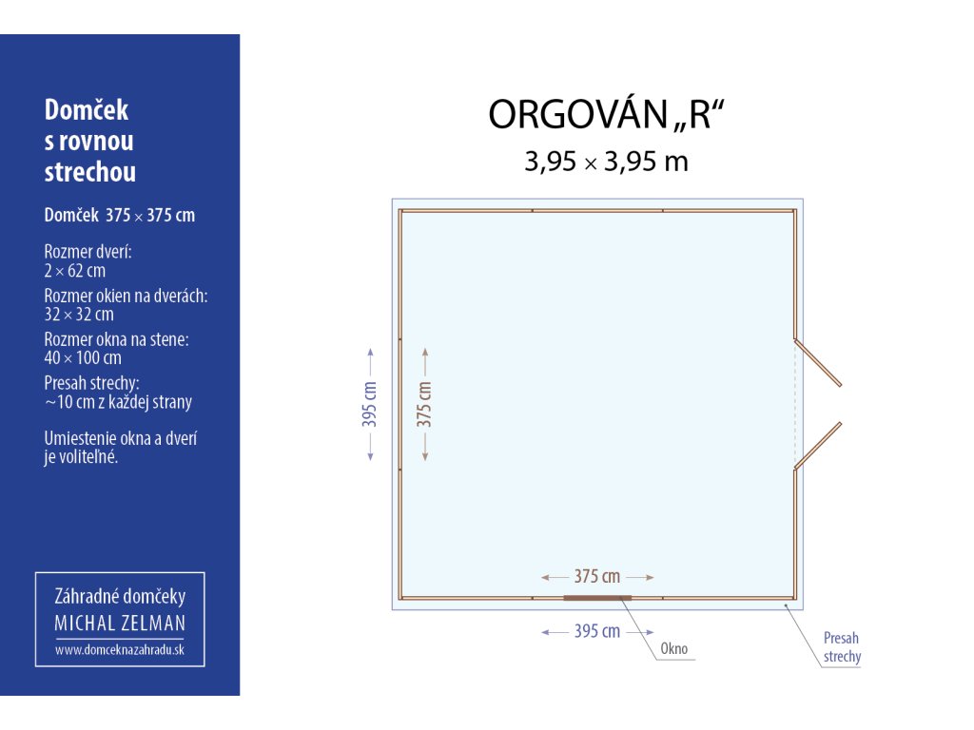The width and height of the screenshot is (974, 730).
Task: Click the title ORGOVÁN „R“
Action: click(x=606, y=114)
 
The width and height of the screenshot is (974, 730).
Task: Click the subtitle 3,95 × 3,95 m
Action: click(x=606, y=162)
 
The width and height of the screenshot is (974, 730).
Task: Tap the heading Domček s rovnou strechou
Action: click(x=90, y=141)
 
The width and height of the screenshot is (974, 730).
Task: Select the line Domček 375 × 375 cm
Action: click(x=119, y=216)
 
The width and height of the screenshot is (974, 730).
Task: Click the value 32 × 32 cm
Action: click(x=79, y=314)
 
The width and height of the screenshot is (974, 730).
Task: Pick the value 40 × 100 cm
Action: click(x=83, y=357)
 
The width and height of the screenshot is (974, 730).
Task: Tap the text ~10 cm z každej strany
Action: click(x=118, y=402)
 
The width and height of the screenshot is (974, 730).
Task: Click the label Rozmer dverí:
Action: click(x=88, y=252)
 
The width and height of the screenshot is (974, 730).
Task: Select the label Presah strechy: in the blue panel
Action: click(x=91, y=383)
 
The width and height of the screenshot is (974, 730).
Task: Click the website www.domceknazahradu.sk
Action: click(x=120, y=650)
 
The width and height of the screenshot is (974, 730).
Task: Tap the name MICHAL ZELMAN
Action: click(x=120, y=624)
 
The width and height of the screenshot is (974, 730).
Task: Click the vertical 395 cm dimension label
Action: click(x=370, y=404)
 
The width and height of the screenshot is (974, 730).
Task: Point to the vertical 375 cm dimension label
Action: click(x=424, y=404)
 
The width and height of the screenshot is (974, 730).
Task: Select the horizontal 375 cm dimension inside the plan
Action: click(x=597, y=577)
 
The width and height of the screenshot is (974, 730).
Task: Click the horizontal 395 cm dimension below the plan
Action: click(x=597, y=631)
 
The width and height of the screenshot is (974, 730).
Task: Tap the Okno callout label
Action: click(x=674, y=648)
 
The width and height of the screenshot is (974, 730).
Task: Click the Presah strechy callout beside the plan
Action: click(x=843, y=646)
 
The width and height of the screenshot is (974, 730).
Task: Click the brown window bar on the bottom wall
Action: click(x=597, y=598)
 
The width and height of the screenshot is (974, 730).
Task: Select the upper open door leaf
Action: click(x=817, y=362)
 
